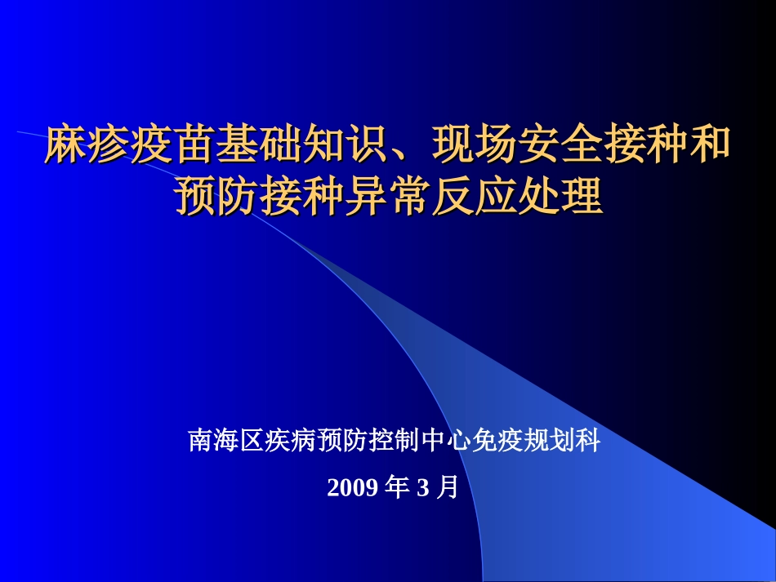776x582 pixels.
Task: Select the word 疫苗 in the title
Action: click(172, 146)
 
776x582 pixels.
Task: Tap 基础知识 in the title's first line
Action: click(301, 146)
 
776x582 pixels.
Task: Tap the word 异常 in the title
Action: click(388, 197)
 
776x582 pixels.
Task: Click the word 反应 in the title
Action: click(474, 197)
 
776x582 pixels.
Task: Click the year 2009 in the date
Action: click(352, 489)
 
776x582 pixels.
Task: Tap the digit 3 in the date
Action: click(422, 489)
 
